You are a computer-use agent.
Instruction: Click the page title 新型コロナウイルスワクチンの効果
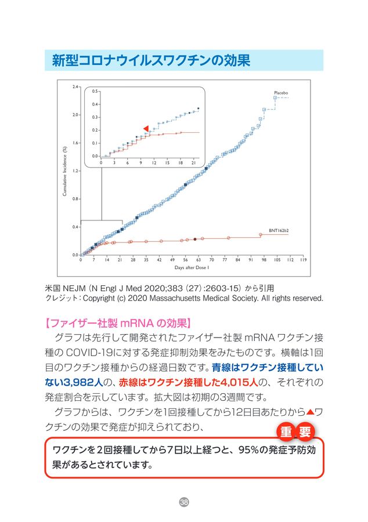coord(151,60)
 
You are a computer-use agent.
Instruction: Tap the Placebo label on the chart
coord(281,93)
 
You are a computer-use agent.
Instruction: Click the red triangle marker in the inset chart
coord(146,128)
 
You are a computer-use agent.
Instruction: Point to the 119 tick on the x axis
coord(304,260)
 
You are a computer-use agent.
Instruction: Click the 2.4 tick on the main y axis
coord(75,87)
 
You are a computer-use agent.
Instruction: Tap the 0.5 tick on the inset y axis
coord(95,92)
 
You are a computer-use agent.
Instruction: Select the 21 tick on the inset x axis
coord(194,163)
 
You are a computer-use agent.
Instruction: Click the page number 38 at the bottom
coord(184,501)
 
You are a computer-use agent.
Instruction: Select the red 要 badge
coord(305,432)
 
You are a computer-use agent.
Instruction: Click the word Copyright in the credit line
coord(102,299)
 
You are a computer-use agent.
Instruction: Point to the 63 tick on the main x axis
coord(199,260)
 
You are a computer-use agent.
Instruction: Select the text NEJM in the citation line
coord(71,287)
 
